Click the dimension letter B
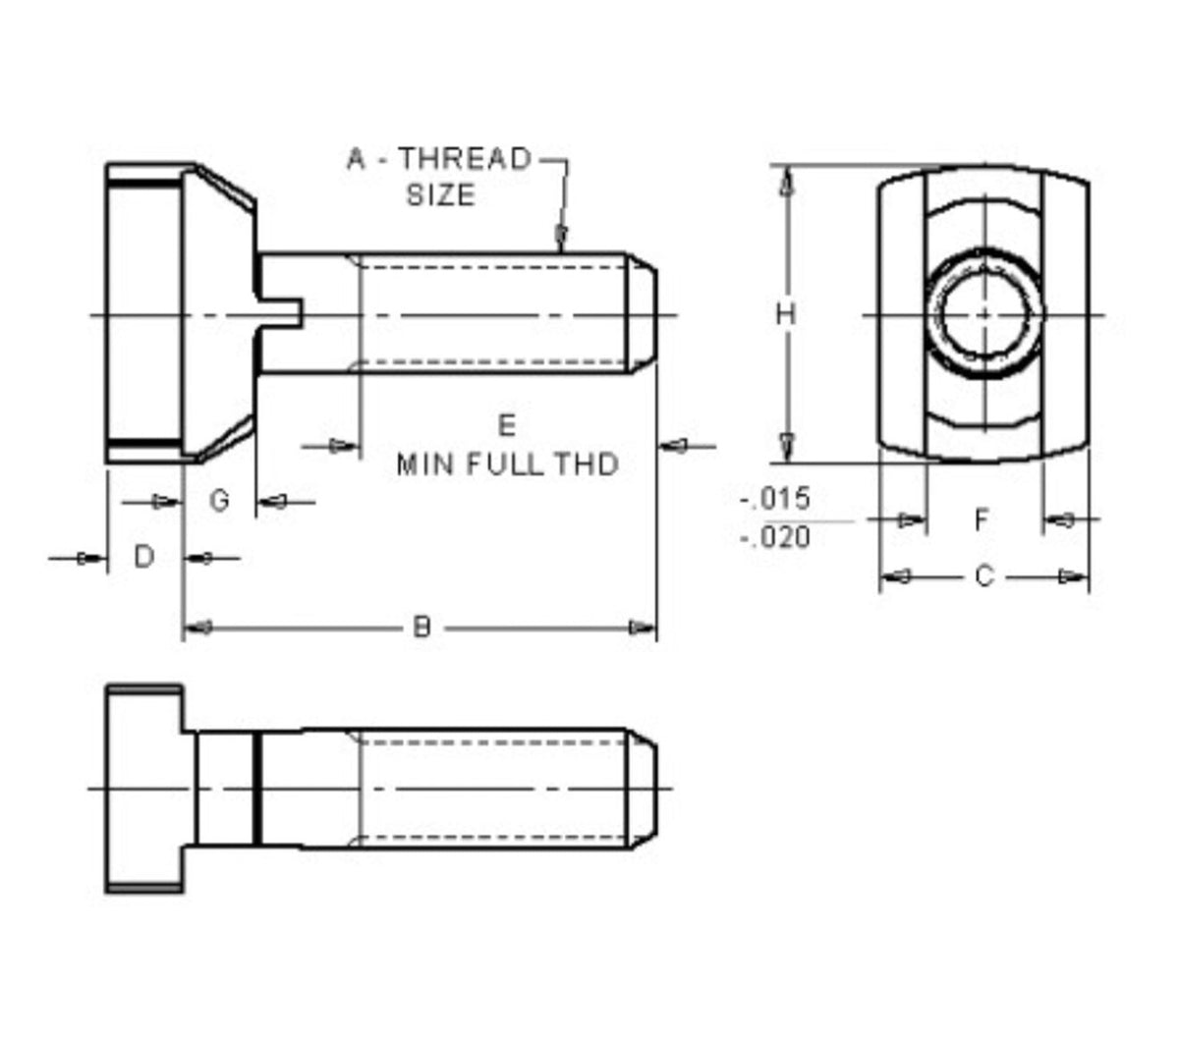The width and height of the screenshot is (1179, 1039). pyautogui.click(x=421, y=627)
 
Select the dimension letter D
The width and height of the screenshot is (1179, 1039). pyautogui.click(x=144, y=557)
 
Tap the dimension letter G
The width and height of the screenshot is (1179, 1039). pyautogui.click(x=220, y=501)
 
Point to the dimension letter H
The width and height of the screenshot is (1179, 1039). pyautogui.click(x=786, y=314)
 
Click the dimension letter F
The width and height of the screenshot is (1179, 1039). pyautogui.click(x=982, y=519)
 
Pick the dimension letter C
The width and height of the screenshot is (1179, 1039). pyautogui.click(x=984, y=576)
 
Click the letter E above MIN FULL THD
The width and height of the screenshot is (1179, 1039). pyautogui.click(x=507, y=425)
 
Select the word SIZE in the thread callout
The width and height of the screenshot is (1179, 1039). pyautogui.click(x=440, y=194)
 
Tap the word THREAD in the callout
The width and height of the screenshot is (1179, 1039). pyautogui.click(x=465, y=158)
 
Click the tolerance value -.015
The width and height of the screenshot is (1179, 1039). pyautogui.click(x=775, y=499)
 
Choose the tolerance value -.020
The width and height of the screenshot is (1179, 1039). pyautogui.click(x=775, y=537)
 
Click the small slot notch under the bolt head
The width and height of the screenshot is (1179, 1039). pyautogui.click(x=284, y=314)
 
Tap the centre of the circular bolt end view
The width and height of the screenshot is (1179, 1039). pyautogui.click(x=983, y=314)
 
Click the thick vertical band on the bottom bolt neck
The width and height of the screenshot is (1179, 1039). pyautogui.click(x=257, y=789)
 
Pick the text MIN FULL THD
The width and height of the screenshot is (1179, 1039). pyautogui.click(x=507, y=464)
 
